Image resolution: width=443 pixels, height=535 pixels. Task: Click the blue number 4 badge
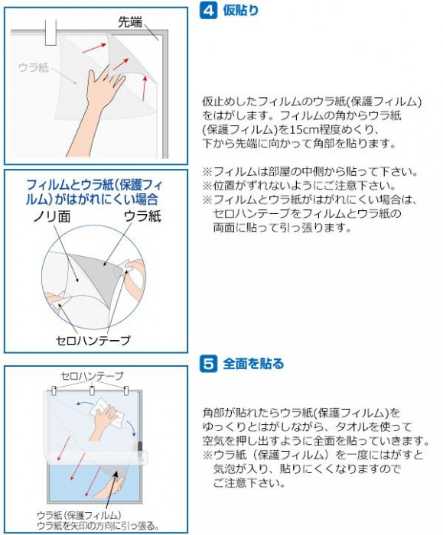tap(208, 11)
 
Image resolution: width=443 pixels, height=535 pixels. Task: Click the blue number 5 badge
tap(208, 364)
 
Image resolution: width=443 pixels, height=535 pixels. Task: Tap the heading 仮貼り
tap(241, 11)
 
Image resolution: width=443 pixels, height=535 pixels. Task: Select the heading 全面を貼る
tap(253, 364)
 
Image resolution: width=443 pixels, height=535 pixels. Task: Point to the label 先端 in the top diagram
tap(130, 22)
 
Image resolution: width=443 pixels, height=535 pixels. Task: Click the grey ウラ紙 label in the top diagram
tap(34, 67)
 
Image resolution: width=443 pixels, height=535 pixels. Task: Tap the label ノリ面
tap(52, 216)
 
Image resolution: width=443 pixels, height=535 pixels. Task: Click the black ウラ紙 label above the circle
tap(142, 216)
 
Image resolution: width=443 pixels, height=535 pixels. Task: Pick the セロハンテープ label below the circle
tap(93, 340)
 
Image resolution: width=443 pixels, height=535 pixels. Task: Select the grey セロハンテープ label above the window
tap(92, 376)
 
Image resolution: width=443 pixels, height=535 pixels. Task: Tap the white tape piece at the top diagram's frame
tap(51, 32)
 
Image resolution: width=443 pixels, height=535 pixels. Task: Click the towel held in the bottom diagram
tap(108, 412)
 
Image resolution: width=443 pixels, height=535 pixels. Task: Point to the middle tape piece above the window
tap(93, 391)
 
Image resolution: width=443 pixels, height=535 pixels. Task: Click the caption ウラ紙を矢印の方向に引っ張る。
tap(98, 526)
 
